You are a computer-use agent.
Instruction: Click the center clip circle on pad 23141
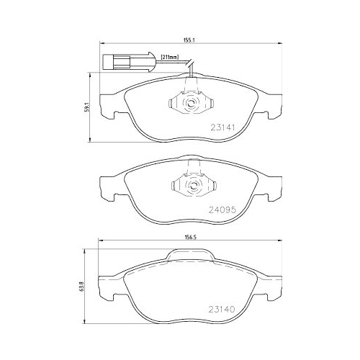click(191, 104)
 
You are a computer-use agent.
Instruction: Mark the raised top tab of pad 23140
click(191, 256)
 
